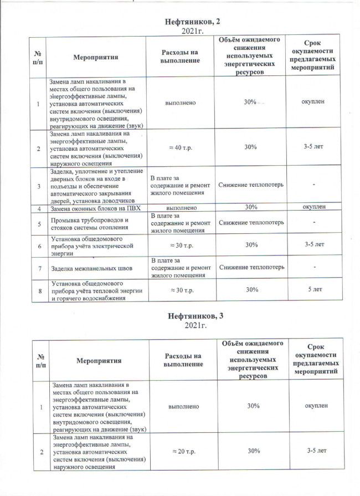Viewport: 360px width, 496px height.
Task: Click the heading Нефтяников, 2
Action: point(193,21)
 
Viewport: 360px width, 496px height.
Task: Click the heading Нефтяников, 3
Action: point(193,315)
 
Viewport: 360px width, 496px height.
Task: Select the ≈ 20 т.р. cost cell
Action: point(183,451)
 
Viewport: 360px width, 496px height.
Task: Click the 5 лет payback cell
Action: point(313,289)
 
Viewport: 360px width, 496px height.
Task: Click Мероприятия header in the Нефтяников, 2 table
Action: point(96,56)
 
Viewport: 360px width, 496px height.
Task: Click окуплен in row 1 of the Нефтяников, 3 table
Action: point(314,406)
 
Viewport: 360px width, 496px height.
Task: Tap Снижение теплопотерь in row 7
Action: point(251,268)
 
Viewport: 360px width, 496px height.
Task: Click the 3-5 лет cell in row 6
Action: point(313,244)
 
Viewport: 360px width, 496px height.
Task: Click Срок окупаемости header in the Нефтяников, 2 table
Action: point(314,56)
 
